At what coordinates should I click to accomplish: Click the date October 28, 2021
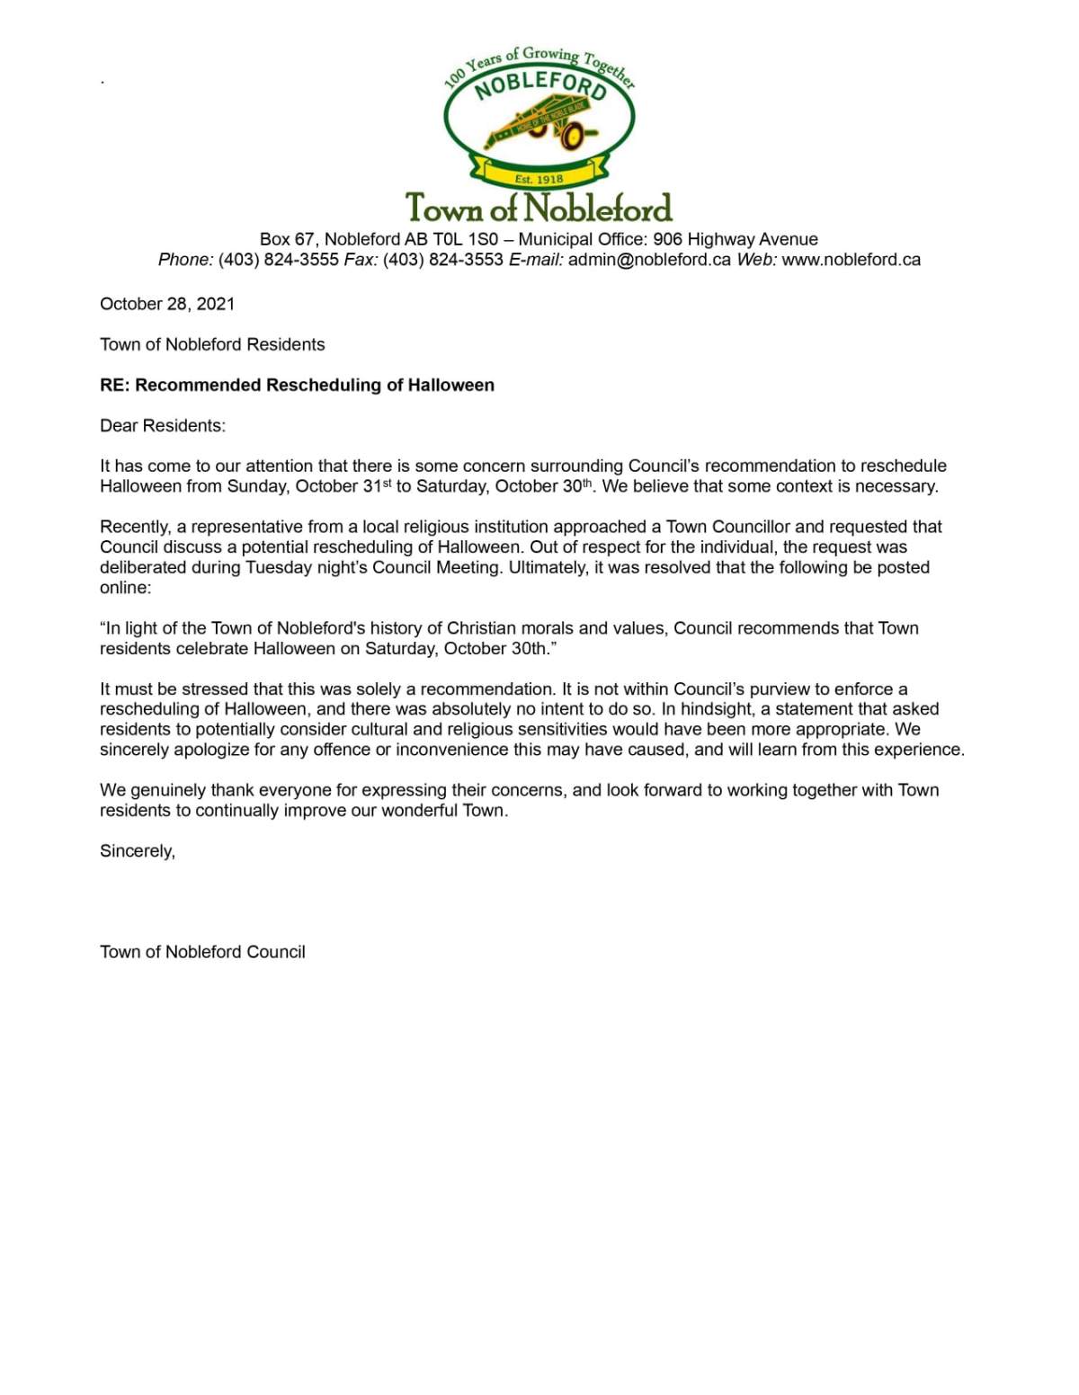coord(167,304)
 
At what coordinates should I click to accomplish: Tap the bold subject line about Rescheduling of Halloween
coord(297,385)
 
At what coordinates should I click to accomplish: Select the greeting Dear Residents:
coord(163,425)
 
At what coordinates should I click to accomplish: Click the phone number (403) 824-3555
coord(278,260)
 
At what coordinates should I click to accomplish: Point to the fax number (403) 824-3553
coord(443,260)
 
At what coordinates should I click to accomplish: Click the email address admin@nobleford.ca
coord(649,260)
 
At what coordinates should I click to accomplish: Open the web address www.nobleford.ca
coord(851,260)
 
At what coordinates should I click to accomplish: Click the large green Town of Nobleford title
coord(539,208)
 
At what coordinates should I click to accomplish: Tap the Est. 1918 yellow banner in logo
coord(539,179)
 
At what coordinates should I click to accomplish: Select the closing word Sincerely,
coord(138,850)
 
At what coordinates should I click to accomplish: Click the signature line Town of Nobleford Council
coord(202,952)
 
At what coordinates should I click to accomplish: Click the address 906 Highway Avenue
coord(735,239)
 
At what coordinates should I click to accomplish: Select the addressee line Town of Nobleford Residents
coord(212,344)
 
